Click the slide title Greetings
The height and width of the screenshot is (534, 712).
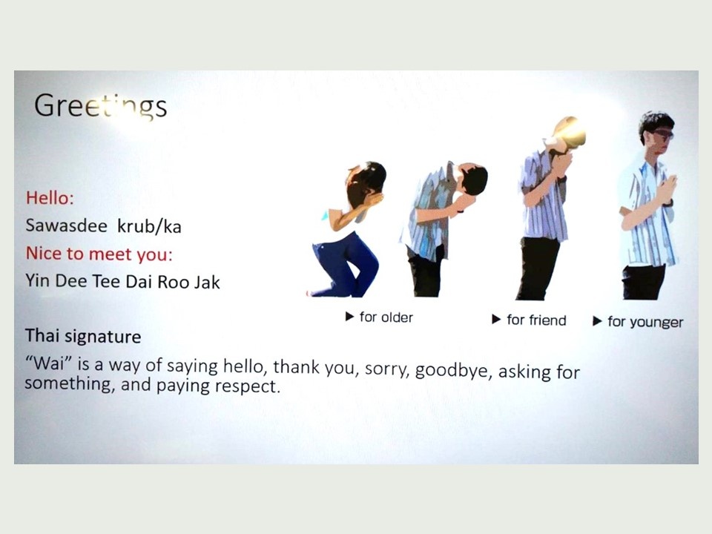point(100,106)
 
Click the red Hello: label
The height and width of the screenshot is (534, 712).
point(50,198)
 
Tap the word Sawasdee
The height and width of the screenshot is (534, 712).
point(66,225)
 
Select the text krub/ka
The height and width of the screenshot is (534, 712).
point(149,226)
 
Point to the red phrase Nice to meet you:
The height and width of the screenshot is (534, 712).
point(99,254)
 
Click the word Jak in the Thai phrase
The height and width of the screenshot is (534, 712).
point(207,283)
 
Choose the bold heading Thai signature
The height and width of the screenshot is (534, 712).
point(83,337)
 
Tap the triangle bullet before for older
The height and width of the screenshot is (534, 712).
point(349,317)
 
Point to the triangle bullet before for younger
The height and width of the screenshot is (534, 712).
point(597,321)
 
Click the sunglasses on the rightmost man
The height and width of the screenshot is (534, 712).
point(662,134)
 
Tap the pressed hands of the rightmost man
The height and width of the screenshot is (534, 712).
point(667,188)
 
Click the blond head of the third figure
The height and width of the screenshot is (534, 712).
point(570,131)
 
